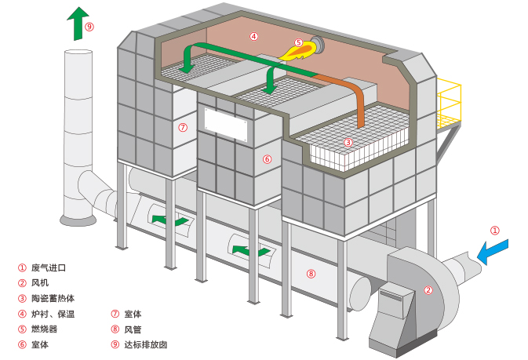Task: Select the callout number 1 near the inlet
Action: (x=495, y=231)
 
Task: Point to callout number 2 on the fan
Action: (x=428, y=289)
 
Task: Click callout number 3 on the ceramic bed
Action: (x=348, y=142)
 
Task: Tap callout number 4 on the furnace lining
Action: (x=253, y=35)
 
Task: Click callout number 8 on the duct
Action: (x=311, y=274)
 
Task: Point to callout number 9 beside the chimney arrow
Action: (x=89, y=26)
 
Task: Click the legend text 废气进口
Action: (x=48, y=267)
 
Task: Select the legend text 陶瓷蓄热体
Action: (x=53, y=298)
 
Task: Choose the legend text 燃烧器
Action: (x=44, y=329)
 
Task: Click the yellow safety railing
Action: (x=448, y=102)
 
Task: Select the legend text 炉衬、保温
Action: (x=53, y=314)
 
